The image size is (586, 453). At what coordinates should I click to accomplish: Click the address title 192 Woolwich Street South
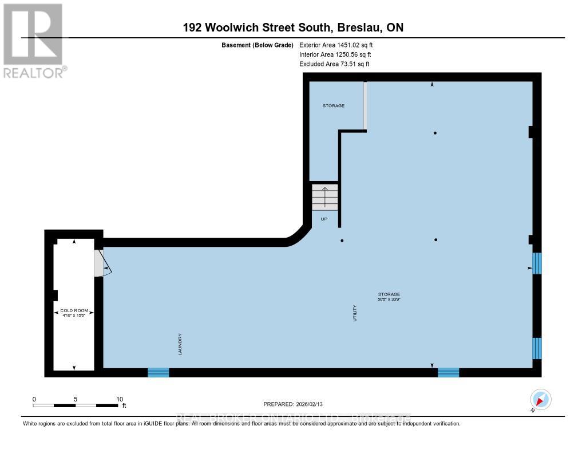coord(292,27)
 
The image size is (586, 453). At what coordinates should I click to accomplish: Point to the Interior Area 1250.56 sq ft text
coord(335,54)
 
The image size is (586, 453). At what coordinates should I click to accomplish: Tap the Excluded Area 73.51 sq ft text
coord(334,64)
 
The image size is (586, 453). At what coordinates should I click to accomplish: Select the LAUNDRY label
coord(180,344)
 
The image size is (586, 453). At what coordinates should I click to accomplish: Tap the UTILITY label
coord(355,313)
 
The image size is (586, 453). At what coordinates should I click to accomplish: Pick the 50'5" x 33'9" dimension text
coord(389,299)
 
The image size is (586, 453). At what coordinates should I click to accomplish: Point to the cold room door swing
coord(103,263)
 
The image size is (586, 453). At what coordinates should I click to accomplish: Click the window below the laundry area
coord(159,373)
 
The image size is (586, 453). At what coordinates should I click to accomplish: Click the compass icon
coord(541,399)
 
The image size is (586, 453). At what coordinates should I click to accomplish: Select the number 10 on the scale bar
coord(120,399)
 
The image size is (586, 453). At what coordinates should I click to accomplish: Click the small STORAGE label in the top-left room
coord(334,105)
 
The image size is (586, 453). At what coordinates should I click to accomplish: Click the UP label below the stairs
coord(324,219)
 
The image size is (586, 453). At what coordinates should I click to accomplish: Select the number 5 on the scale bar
coord(76,399)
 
